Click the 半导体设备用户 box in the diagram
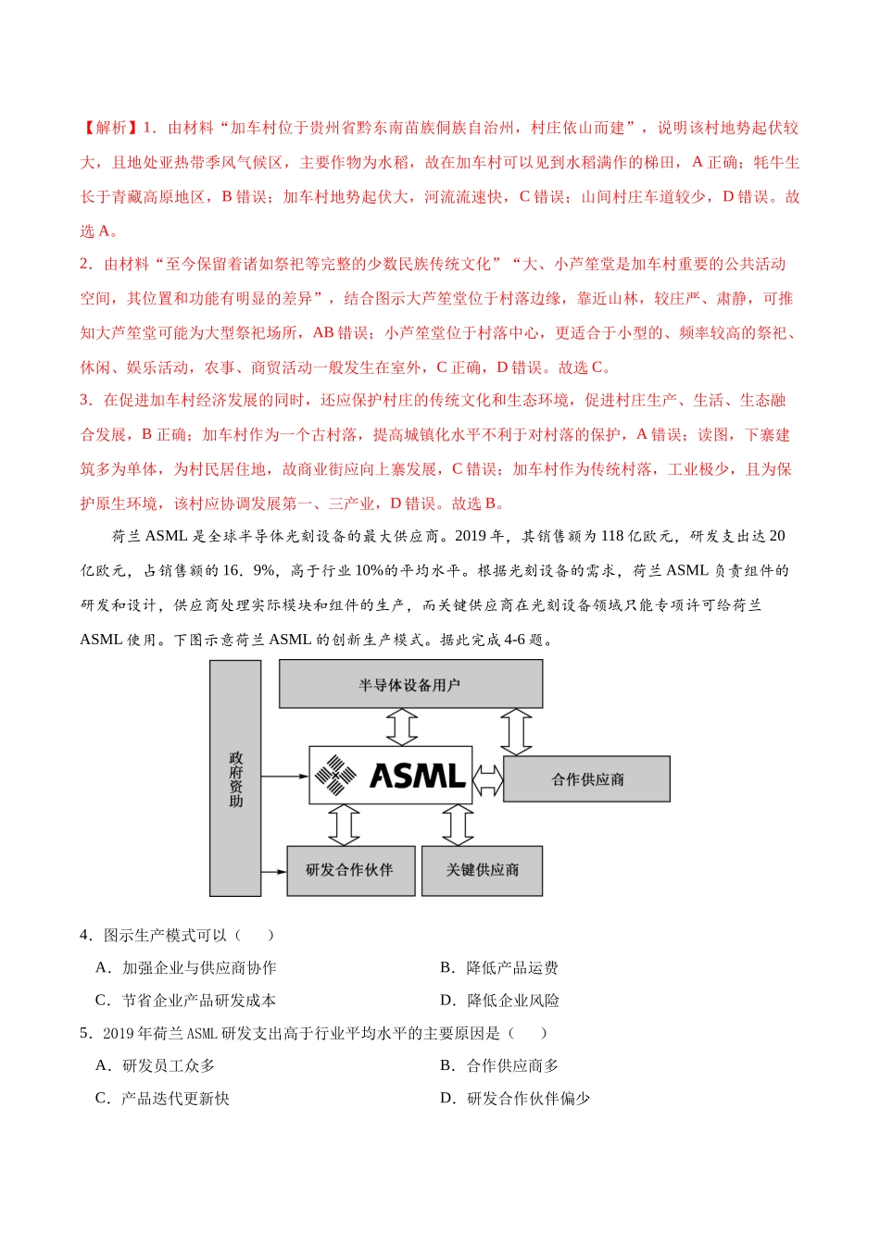point(410,685)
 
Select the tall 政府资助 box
point(235,778)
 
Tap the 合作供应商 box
point(587,779)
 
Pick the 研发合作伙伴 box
point(350,870)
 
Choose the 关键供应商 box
point(482,870)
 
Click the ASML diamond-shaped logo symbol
point(335,775)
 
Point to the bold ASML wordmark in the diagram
point(417,776)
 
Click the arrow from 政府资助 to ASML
point(284,776)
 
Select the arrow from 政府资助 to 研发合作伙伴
point(274,871)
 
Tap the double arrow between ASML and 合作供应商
point(488,779)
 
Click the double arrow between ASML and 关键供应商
point(458,825)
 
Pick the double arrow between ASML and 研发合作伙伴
point(345,825)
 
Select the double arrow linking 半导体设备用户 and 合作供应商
point(516,732)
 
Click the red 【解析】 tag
point(109,128)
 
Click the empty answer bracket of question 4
point(254,936)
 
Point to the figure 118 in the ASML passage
point(612,536)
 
